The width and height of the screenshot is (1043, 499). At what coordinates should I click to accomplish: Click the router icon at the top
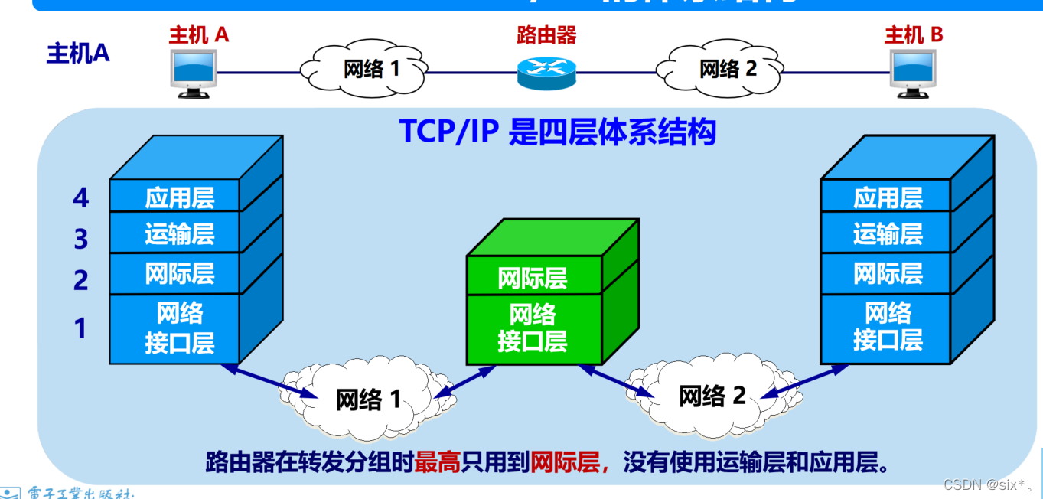tap(546, 70)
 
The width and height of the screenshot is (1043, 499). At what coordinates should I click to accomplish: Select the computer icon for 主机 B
tap(912, 73)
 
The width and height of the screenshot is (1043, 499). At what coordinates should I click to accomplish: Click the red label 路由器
tap(546, 34)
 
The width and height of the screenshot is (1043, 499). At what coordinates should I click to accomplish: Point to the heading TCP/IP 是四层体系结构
tap(557, 132)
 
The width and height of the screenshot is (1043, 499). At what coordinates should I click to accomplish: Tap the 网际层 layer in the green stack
tap(533, 278)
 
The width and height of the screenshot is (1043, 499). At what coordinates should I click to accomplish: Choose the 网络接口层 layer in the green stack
tap(533, 328)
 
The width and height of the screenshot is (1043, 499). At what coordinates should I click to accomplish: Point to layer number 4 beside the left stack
tap(81, 199)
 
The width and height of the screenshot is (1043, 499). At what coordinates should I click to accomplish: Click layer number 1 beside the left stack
tap(80, 329)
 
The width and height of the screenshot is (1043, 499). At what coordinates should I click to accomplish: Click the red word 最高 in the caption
tap(437, 463)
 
